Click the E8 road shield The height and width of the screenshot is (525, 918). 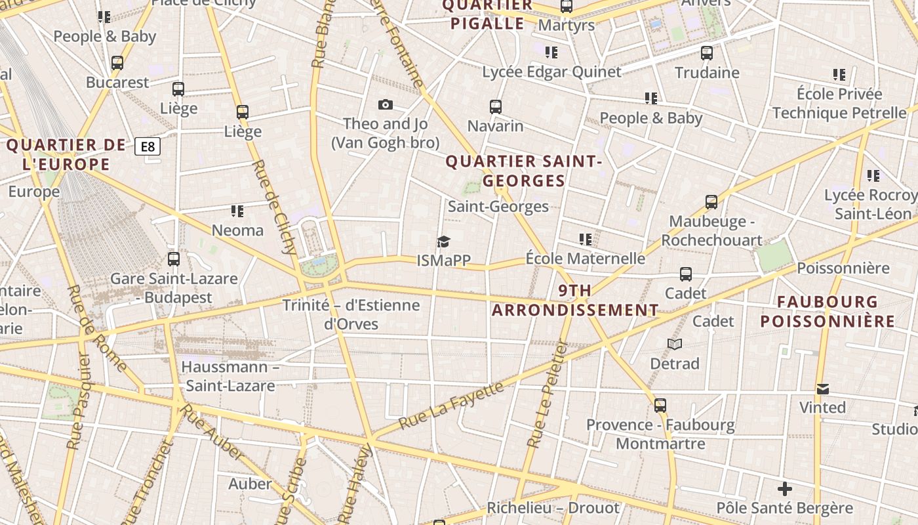[x=148, y=146]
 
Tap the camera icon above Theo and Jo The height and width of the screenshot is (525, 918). [x=386, y=104]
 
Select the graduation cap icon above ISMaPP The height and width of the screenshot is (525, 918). [x=444, y=242]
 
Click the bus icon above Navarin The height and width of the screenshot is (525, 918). [x=496, y=106]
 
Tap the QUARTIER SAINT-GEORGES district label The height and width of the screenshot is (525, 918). [x=523, y=171]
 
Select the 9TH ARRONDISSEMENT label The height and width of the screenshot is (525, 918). [x=575, y=301]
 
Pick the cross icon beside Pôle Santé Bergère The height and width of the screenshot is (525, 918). [x=784, y=489]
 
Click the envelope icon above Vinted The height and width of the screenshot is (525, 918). [x=823, y=389]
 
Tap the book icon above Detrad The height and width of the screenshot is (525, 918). [x=675, y=344]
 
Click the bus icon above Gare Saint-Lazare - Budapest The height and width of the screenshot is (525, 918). [x=174, y=259]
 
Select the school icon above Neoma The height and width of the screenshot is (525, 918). [x=237, y=211]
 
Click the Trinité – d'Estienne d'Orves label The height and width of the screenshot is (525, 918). [x=351, y=314]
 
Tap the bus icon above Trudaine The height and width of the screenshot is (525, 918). [x=707, y=53]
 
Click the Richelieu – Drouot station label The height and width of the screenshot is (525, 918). [x=553, y=508]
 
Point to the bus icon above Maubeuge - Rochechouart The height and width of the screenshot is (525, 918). [x=711, y=202]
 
